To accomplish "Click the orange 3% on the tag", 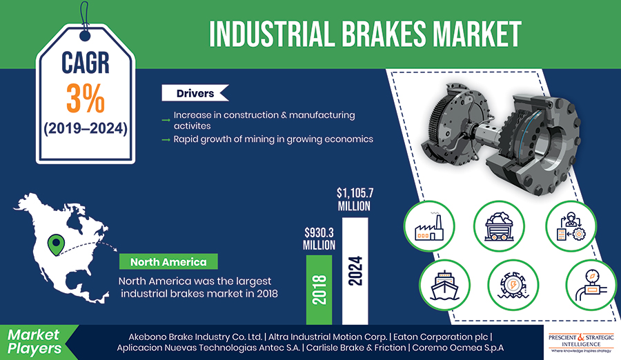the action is point(85,98).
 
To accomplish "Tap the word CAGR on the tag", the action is point(85,63).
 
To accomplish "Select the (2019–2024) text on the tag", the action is point(86,129).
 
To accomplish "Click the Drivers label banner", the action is point(195,93).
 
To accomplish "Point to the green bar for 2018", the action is point(319,290).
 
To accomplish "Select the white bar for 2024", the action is point(355,271).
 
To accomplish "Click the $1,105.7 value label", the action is point(355,199).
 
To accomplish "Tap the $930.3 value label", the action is point(319,239).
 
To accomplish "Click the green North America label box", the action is point(168,262).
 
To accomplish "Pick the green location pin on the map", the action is point(57,244).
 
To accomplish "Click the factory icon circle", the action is point(429,226).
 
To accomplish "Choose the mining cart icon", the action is point(499,226).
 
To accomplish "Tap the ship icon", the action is point(444,285).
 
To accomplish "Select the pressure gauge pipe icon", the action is point(590,285).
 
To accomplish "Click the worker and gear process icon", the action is point(571,226).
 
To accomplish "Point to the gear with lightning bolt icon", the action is point(513,285).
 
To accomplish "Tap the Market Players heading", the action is point(34,342).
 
